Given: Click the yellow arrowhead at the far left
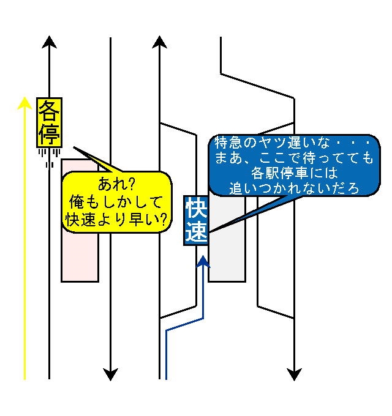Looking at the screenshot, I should coord(24,103).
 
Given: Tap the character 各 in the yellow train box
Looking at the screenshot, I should coord(48,111).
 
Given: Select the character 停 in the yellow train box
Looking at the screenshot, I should coord(48,134).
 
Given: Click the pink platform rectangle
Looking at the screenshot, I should coord(80,257).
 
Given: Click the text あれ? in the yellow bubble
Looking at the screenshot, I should coord(116,183).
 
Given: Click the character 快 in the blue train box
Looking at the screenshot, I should coord(197,210).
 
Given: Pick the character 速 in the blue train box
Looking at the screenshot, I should coord(197,233).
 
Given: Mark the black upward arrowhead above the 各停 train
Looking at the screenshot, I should coord(50,42).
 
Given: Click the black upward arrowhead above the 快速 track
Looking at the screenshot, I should coord(160,42).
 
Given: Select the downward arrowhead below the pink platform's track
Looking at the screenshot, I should coord(110,374).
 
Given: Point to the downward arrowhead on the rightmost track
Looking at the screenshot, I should coord(295,374).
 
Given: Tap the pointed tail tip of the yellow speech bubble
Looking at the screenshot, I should coord(74,147).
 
